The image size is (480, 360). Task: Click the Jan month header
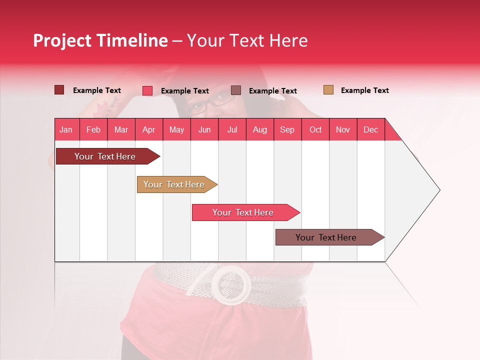66,129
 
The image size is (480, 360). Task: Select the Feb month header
93,129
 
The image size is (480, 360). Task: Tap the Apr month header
149,129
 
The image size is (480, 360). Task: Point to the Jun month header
204,129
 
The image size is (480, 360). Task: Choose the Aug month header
260,129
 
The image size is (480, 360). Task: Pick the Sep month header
287,129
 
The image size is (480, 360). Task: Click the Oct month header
315,129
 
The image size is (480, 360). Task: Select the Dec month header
371,129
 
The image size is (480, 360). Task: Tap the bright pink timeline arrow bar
243,212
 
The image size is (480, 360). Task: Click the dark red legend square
59,90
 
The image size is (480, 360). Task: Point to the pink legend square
147,90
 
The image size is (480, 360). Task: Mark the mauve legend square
236,90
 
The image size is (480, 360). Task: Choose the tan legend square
328,90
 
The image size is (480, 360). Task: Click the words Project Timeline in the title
100,40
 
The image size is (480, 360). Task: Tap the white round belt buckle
231,284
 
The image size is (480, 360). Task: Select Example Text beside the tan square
364,90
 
